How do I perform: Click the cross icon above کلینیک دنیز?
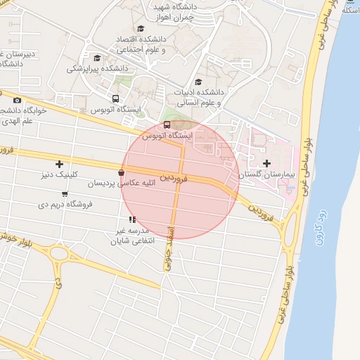(x=59, y=164)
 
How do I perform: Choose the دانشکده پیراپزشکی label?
(x=97, y=69)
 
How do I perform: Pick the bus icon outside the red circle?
(x=115, y=99)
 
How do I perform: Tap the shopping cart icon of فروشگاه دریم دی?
(x=65, y=194)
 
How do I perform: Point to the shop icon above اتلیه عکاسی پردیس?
(x=122, y=172)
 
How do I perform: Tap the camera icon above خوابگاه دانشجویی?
(x=17, y=101)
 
